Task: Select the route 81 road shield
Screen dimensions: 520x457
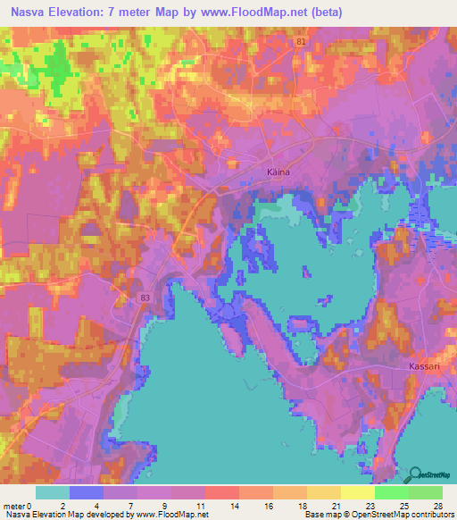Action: pyautogui.click(x=303, y=42)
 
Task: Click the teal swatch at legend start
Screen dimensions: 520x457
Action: pyautogui.click(x=52, y=492)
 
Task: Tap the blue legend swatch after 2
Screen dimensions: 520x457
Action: pyautogui.click(x=86, y=492)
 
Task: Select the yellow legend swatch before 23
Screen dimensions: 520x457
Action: pyautogui.click(x=357, y=492)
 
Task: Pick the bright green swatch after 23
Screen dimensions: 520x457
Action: pyautogui.click(x=391, y=492)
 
